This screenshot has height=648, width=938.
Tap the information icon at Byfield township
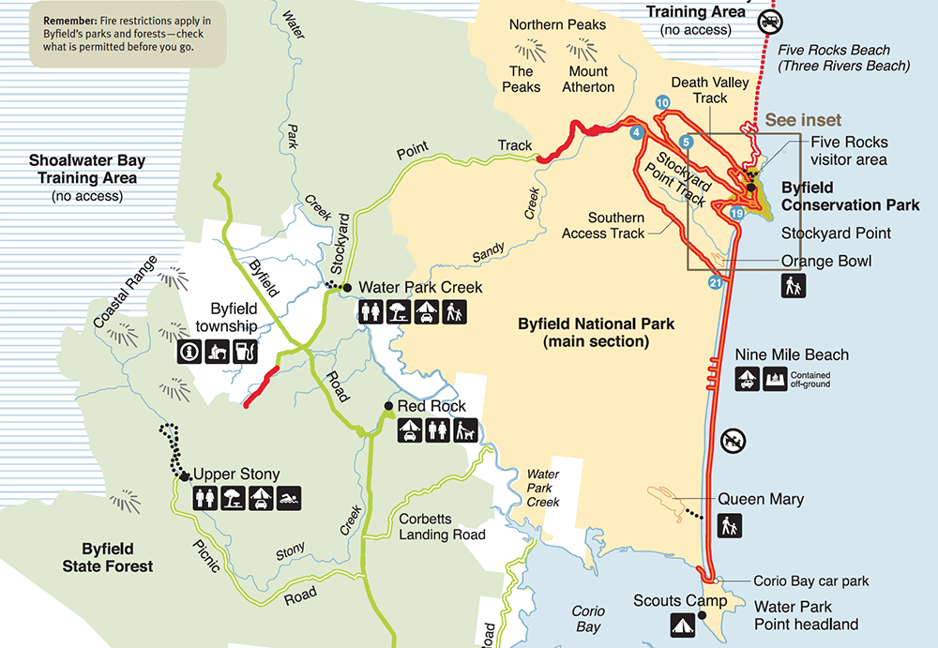point(189,352)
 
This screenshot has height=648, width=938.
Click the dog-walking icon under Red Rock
point(465,430)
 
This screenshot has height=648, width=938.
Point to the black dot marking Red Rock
point(388,407)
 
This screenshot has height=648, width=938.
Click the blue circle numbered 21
point(716,282)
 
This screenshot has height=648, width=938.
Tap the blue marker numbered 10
point(662,102)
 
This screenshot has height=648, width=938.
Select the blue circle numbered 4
point(637,131)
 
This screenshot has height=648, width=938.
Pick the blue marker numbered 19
point(736,215)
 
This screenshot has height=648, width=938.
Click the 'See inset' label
point(803,120)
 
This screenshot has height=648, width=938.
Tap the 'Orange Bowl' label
point(825,261)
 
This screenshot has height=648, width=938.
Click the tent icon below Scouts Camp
point(683,624)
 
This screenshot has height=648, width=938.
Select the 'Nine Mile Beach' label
point(792,354)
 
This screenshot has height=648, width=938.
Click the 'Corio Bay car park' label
point(810,580)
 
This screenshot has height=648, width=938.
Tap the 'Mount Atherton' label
point(591,79)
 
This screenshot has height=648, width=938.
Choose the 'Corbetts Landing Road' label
point(442,526)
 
